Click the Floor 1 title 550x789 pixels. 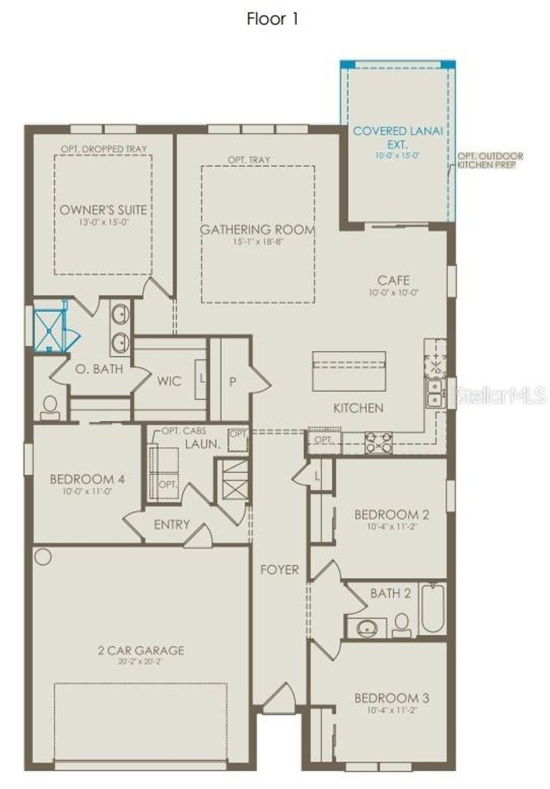point(272,19)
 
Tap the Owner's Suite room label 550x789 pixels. point(103,210)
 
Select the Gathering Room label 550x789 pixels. point(257,230)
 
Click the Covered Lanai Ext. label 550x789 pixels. point(397,137)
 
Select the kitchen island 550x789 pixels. point(349,371)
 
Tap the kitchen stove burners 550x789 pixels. point(378,442)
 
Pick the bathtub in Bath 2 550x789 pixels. point(432,608)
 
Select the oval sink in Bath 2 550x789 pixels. point(367,627)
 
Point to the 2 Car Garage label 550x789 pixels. point(141,651)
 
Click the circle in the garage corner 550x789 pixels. point(43,557)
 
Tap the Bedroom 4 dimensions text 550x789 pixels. point(87,491)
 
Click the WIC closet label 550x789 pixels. point(169,381)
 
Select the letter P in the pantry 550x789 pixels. point(233,382)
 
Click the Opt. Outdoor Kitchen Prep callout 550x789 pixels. point(490,160)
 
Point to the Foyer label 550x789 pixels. point(279,569)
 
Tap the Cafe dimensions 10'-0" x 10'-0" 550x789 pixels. point(393,293)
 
